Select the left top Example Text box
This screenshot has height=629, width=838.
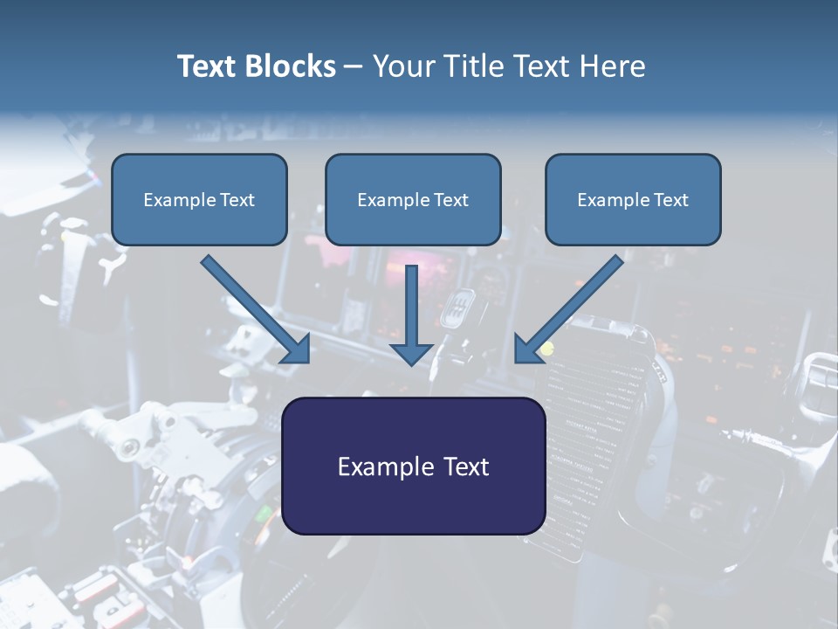pos(199,200)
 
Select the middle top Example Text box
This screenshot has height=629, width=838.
pos(413,200)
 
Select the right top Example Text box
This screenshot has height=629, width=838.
pos(633,200)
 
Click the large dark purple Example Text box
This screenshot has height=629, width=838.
pos(413,467)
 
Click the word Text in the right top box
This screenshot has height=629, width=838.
pos(671,200)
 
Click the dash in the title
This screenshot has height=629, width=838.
pos(354,66)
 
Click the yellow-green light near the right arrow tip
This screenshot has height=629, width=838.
pos(547,350)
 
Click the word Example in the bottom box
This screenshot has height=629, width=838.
pos(385,467)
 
